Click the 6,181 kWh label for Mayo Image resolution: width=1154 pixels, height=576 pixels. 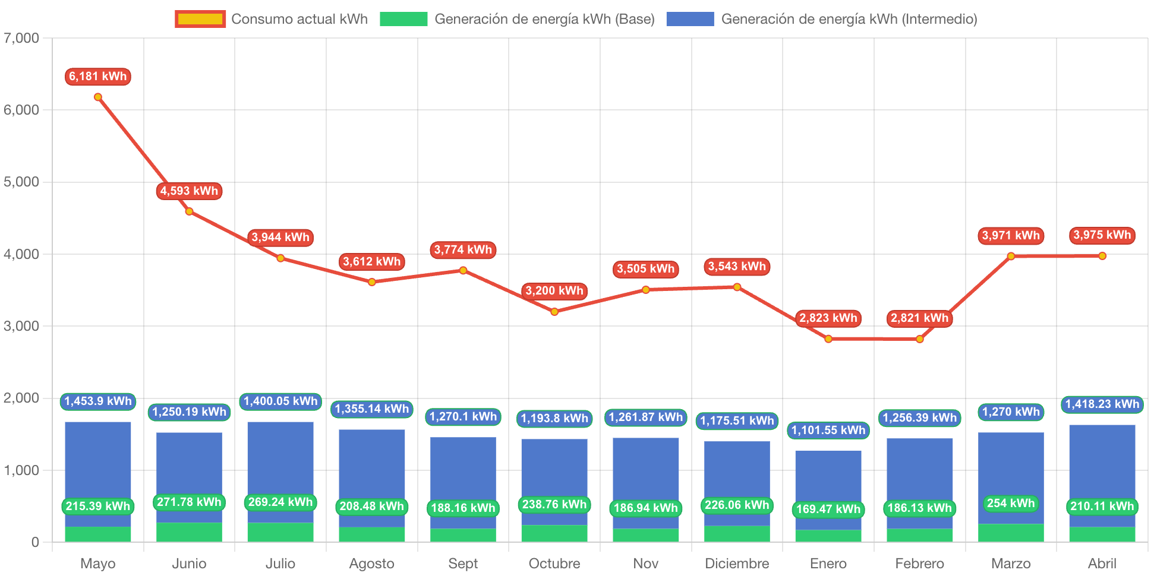coord(97,77)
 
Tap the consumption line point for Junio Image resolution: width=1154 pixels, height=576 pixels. coord(189,211)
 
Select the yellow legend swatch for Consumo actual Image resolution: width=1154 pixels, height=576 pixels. coord(200,19)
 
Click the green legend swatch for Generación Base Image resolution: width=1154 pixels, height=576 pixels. coord(403,19)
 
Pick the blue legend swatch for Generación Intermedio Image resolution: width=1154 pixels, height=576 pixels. coord(690,19)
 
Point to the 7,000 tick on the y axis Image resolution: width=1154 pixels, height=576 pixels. coord(21,38)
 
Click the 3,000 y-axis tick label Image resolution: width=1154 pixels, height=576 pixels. coord(21,326)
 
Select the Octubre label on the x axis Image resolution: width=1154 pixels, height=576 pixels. coord(554,563)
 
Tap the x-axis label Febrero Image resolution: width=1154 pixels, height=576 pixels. coord(919,563)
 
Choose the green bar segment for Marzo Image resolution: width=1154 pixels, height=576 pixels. coord(1011,533)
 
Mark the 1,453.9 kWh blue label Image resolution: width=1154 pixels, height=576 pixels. coord(97,401)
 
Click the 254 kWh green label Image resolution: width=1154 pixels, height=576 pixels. coord(1010,504)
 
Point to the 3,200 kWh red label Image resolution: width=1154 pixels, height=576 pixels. coord(554,291)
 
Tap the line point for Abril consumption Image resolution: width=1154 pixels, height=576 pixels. coord(1102,256)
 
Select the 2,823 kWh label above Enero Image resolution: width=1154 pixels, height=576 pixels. coord(828,318)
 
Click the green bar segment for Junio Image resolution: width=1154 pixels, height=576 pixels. coord(189,532)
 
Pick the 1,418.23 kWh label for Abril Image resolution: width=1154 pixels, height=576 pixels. coord(1102,404)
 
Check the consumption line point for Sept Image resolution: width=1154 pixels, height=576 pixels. coord(463,270)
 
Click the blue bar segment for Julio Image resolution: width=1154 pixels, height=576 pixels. coord(280,457)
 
